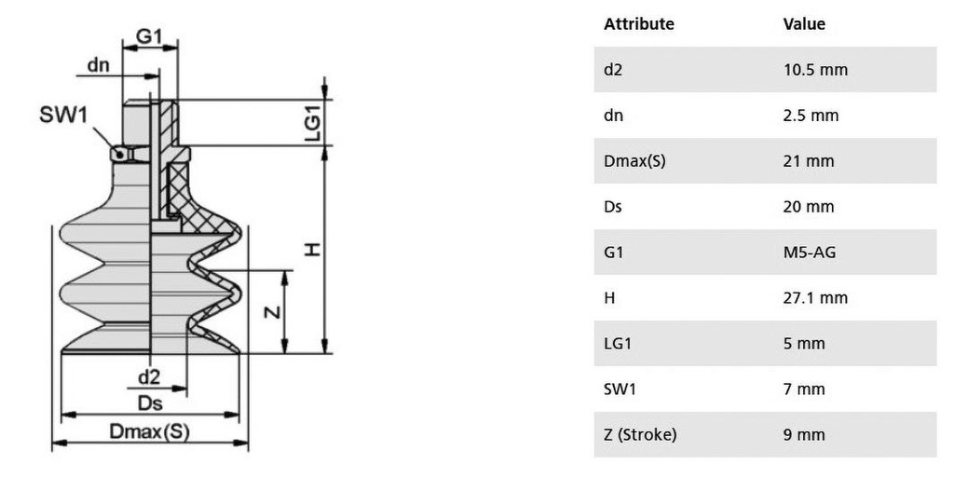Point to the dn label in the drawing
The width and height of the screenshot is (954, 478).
[x=99, y=65]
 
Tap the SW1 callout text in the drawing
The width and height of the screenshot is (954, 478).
[x=63, y=116]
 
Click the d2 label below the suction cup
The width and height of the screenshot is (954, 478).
[x=149, y=376]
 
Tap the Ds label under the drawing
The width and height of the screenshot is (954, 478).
[x=150, y=403]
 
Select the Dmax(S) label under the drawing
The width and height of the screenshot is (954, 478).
[x=150, y=431]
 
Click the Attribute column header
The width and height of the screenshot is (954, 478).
[x=638, y=24]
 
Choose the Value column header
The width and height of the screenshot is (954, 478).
[x=804, y=24]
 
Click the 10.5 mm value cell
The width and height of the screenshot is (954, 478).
[x=815, y=70]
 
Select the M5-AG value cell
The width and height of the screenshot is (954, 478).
[x=810, y=253]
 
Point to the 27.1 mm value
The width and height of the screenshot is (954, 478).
[x=815, y=298]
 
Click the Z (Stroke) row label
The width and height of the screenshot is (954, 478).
[x=639, y=435]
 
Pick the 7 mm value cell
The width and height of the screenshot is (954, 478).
[x=804, y=389]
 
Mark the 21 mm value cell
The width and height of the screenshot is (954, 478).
[x=808, y=161]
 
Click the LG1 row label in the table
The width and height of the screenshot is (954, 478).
[x=618, y=344]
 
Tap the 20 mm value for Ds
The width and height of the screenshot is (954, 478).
[x=808, y=207]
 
